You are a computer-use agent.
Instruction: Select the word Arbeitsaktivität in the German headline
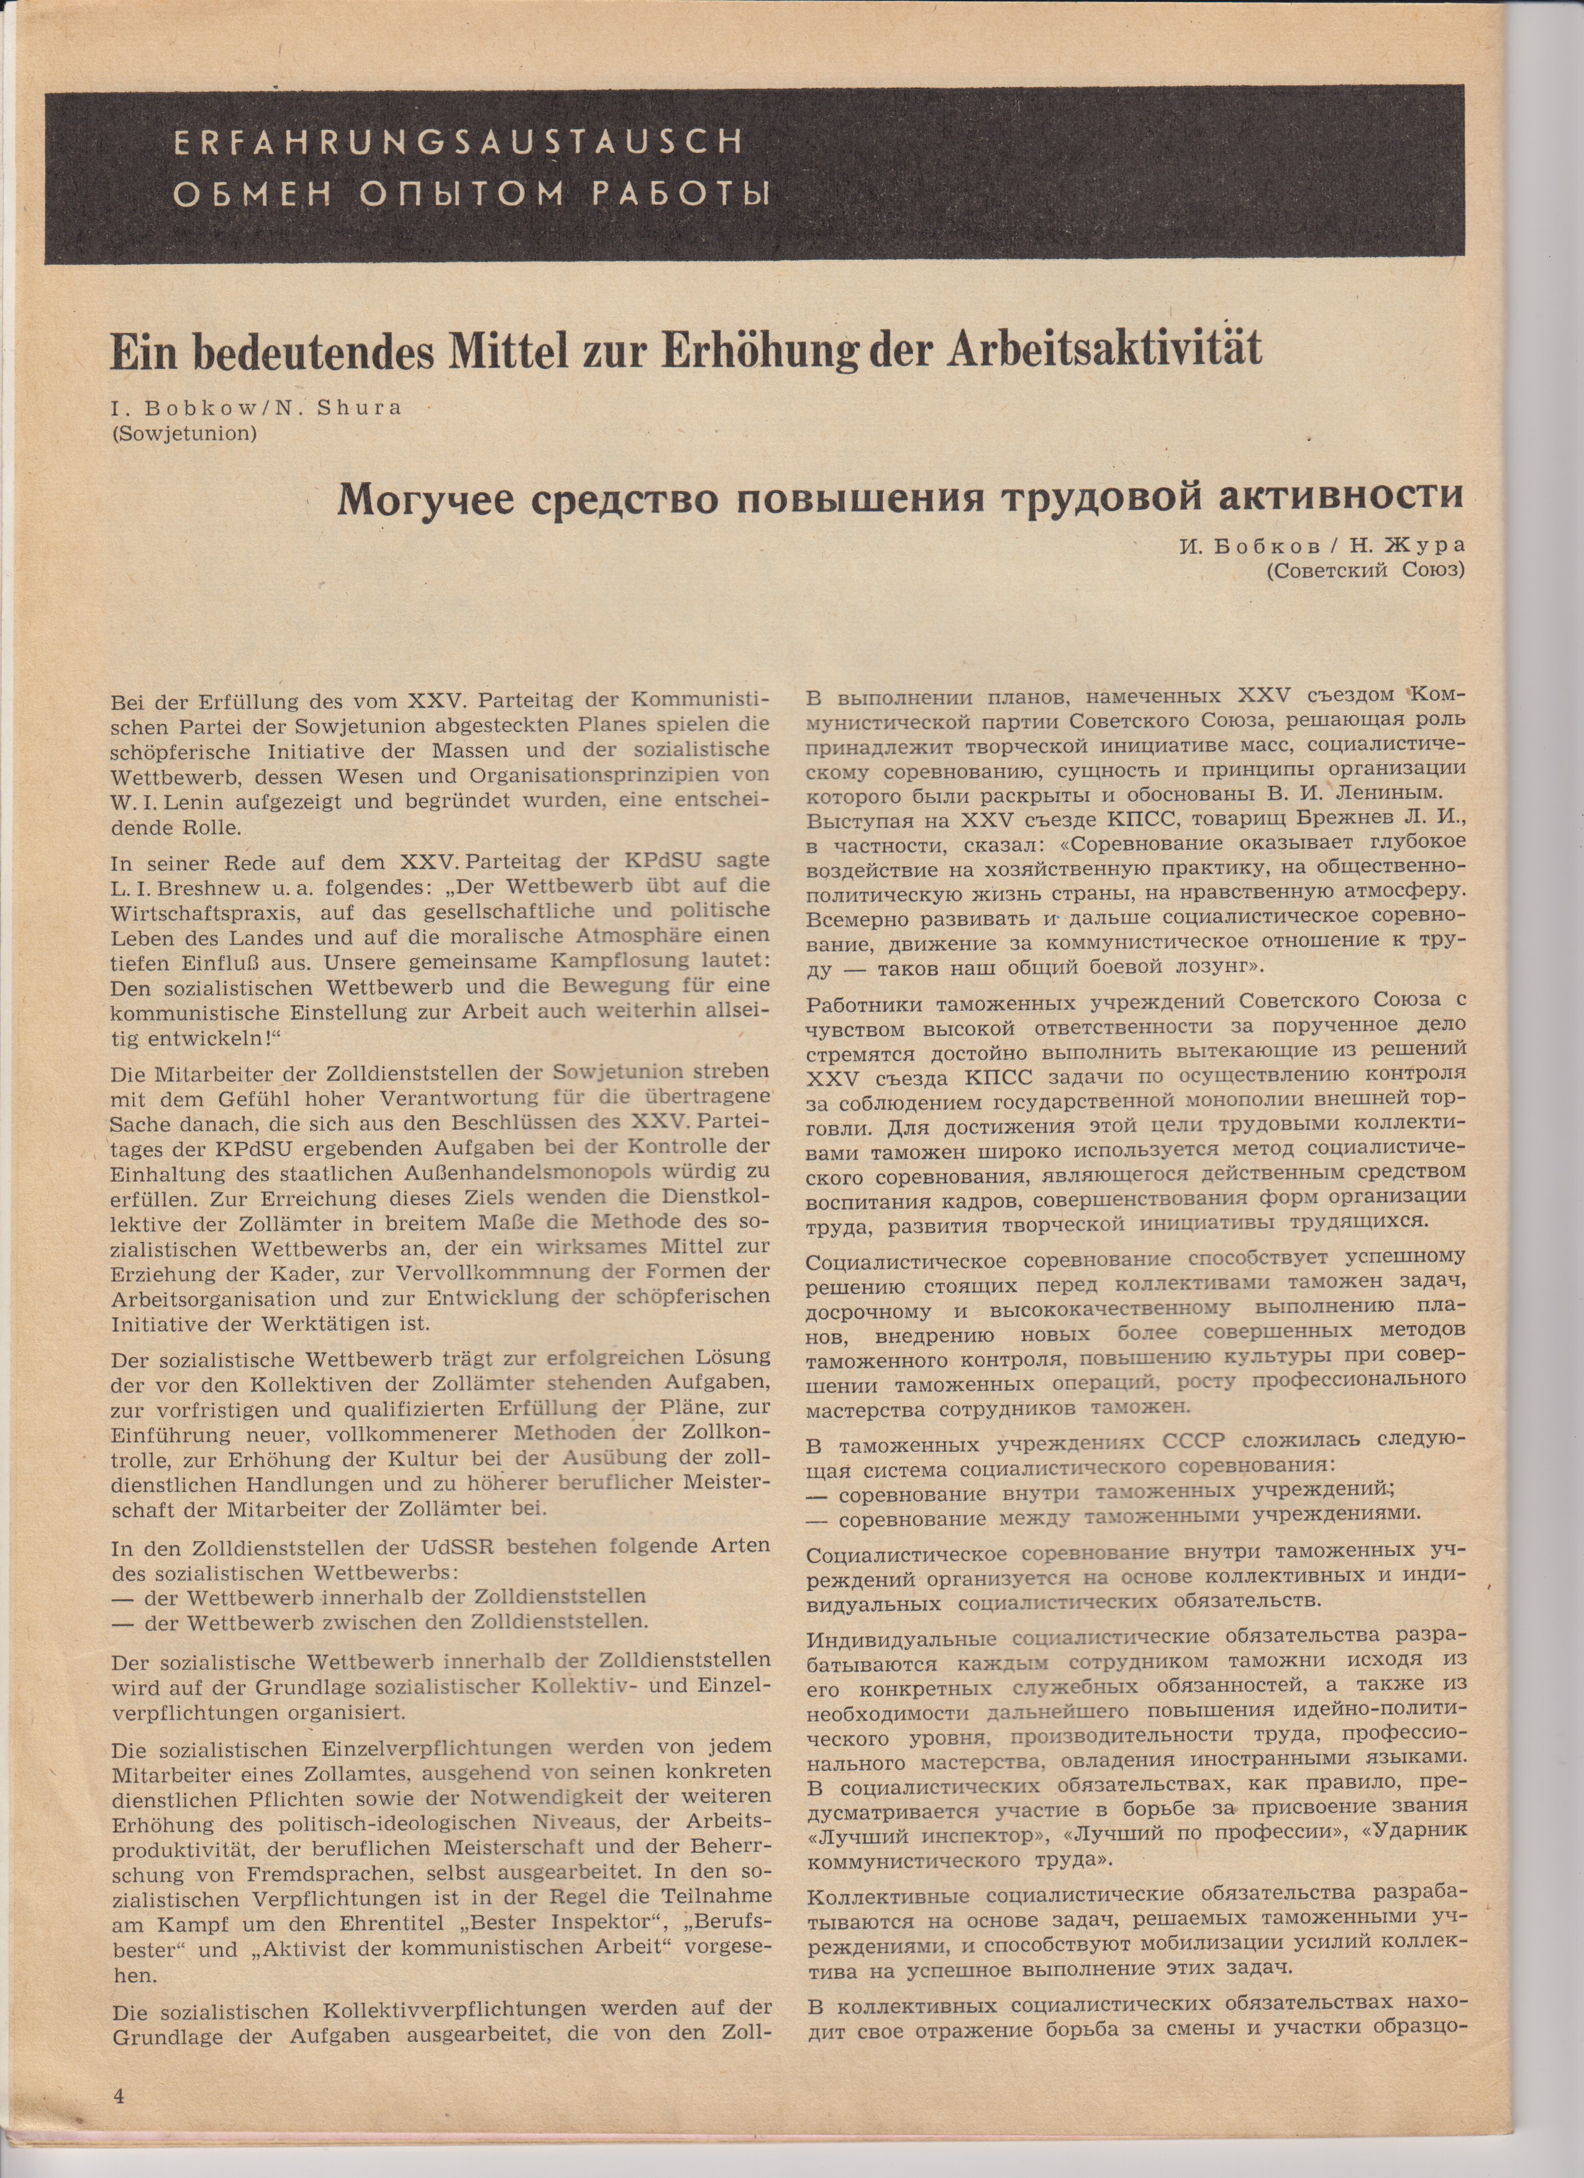click(x=1104, y=352)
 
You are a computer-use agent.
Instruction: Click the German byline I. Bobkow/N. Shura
click(x=255, y=406)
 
